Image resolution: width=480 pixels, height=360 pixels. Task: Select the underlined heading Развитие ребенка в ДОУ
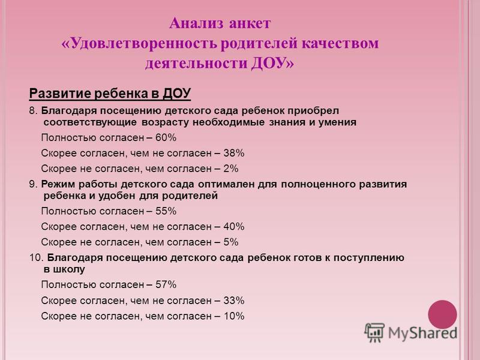pos(110,94)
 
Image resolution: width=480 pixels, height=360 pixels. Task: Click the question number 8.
pos(33,110)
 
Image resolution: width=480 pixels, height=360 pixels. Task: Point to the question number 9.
pos(33,184)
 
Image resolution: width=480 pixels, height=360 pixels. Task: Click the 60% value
pos(166,138)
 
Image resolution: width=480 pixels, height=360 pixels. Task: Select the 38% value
pos(233,153)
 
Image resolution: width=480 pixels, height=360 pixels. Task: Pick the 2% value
pos(231,169)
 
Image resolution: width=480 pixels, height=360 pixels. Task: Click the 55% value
pos(166,211)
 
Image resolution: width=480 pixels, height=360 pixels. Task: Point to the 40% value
pos(233,227)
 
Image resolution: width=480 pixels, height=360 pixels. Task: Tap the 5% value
pos(231,242)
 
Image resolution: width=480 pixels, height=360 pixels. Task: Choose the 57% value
pos(166,284)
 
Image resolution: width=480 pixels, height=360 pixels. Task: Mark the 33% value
pos(233,301)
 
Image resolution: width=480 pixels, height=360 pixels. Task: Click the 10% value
pos(233,316)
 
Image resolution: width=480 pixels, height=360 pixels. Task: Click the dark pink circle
pos(442,314)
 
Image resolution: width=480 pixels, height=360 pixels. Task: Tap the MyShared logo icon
pos(374,332)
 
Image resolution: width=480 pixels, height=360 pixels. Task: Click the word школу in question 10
pos(69,269)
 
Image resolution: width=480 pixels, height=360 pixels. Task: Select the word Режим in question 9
pos(58,184)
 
